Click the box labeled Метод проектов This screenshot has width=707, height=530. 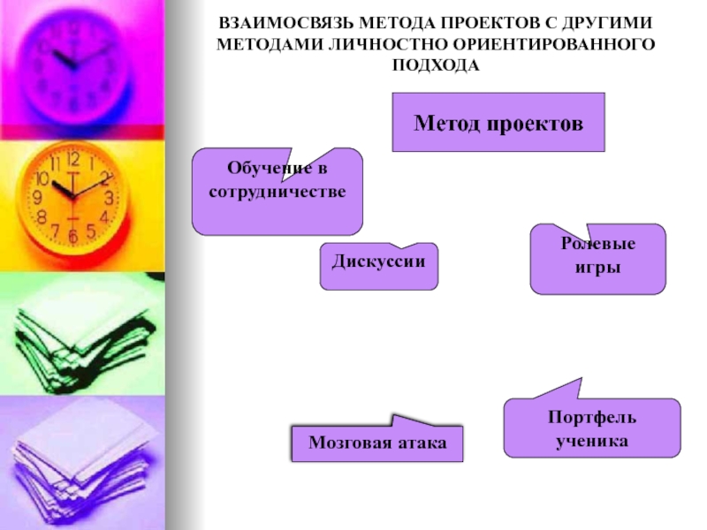[498, 122]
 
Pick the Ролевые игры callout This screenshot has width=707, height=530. [597, 260]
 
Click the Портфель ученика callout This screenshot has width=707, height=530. [592, 428]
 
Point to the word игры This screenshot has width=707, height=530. [597, 268]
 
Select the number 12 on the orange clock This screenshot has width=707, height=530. [73, 159]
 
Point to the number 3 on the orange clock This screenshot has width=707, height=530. [109, 197]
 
